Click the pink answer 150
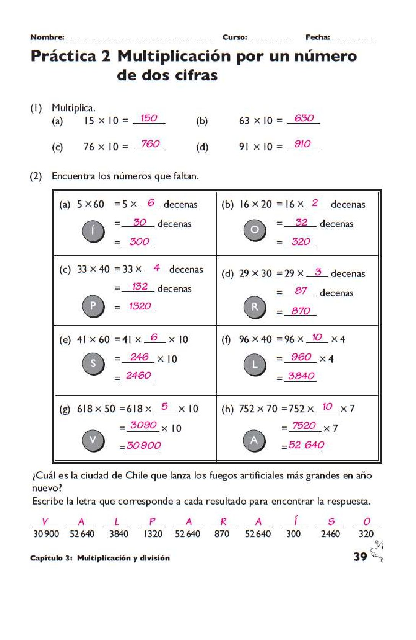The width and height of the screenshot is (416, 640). pos(149,118)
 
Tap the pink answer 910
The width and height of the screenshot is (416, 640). pos(303,144)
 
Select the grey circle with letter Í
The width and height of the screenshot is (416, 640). pos(93,231)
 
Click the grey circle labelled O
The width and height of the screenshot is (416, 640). pos(255,230)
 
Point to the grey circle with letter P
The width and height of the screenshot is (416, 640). pos(93,306)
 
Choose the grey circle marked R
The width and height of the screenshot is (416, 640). pos(255,307)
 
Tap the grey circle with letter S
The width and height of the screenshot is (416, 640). pos(93,363)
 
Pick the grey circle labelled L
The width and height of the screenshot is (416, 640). pos(255,365)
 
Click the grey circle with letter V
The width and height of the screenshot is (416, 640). pos(93,440)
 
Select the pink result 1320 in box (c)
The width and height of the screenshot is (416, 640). pos(140,306)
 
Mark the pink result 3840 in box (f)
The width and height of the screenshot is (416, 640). pos(302,376)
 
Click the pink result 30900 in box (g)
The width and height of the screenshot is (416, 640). pos(144,446)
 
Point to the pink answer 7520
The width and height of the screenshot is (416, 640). pos(304,426)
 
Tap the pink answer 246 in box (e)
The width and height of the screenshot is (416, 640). pos(139,357)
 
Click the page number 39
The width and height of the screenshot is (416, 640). pos(360,557)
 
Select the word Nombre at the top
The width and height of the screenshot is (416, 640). pos(47,37)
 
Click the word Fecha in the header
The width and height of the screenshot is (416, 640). pos(317,37)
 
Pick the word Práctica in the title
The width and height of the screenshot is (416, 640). pos(63,56)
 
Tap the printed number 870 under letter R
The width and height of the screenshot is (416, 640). pos(222,534)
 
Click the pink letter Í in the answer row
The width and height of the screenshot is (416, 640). pos(295,521)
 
